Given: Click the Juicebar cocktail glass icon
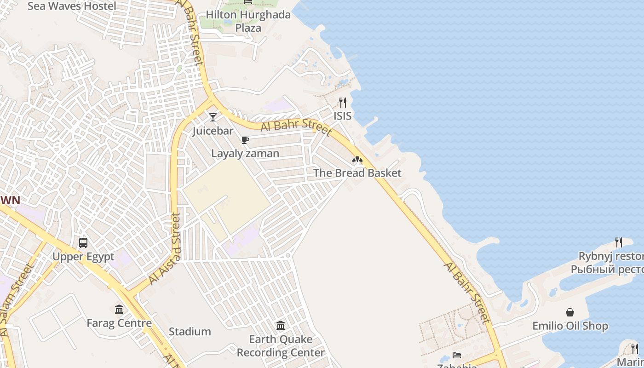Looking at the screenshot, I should tap(213, 117).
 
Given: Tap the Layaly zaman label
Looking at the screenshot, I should tap(245, 154).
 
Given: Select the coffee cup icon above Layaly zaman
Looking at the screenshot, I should tap(245, 140).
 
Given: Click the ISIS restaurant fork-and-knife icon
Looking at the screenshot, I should tap(343, 102).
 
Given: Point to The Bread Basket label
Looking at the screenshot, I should tap(357, 173).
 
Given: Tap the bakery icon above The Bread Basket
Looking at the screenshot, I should tap(357, 160).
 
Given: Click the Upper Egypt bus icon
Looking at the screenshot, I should tap(83, 242).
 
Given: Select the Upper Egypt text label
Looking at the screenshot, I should tap(83, 257).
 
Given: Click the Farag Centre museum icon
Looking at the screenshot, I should tap(119, 309).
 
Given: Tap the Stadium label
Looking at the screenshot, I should tap(190, 332).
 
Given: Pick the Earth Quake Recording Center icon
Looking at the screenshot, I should tap(281, 326).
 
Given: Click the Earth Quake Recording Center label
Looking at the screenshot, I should tap(281, 346).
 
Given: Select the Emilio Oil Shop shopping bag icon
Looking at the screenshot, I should tap(570, 312).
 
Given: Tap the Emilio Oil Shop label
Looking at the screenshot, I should tap(570, 326).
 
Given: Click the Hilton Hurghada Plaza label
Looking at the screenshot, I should tap(248, 21).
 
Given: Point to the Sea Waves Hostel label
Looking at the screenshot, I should tap(72, 6).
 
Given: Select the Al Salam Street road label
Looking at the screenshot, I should tap(16, 299).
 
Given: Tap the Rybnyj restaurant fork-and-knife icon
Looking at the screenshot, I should tap(619, 242).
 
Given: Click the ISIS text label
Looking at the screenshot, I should tap(343, 116).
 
